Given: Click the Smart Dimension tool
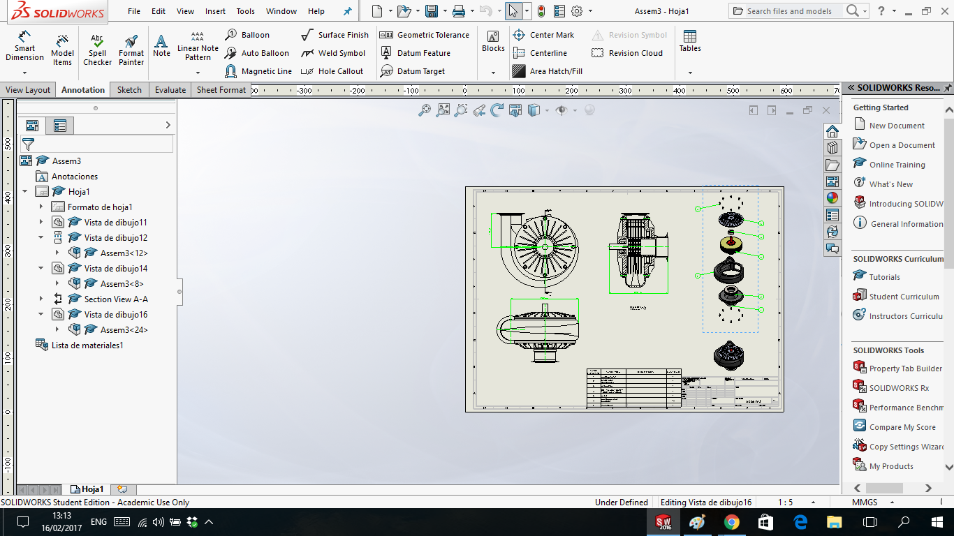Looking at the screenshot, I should [x=24, y=47].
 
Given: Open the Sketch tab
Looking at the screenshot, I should [x=129, y=90].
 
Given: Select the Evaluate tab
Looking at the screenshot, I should [x=170, y=90].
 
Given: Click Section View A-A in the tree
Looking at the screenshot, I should [x=116, y=299].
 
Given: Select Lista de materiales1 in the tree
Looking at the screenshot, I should [x=87, y=345].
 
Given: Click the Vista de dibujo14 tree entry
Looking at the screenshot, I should [x=116, y=269].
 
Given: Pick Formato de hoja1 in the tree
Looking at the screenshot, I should [x=100, y=207].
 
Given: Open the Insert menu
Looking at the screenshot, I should [x=215, y=11].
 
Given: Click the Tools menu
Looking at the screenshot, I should [x=245, y=11].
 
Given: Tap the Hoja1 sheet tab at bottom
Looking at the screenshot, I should [x=91, y=489].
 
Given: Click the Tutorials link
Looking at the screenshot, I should [x=884, y=277].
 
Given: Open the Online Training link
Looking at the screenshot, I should [x=897, y=165].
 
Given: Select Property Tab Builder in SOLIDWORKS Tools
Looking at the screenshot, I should [x=905, y=368].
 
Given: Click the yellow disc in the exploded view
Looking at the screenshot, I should [x=731, y=245].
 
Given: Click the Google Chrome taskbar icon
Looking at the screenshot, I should [x=731, y=522].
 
